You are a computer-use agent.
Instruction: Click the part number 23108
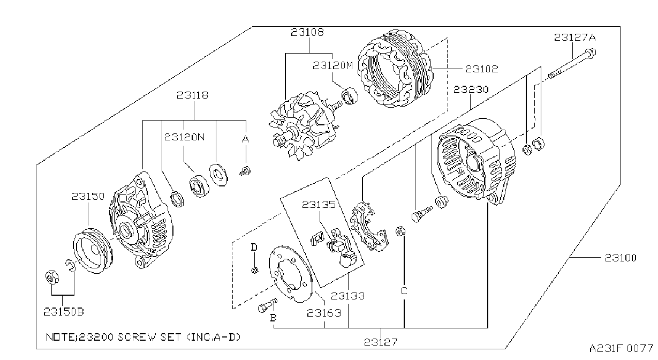point(307,32)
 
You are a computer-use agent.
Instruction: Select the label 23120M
point(332,65)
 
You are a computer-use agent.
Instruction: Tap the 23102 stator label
point(482,69)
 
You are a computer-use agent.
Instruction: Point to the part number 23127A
point(575,37)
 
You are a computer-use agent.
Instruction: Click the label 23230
point(471,89)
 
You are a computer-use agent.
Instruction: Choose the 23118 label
point(192,95)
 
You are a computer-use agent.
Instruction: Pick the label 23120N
point(184,137)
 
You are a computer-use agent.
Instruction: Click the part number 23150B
point(64,311)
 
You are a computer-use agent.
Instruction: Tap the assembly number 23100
point(621,258)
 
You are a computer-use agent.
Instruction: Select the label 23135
point(319,204)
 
